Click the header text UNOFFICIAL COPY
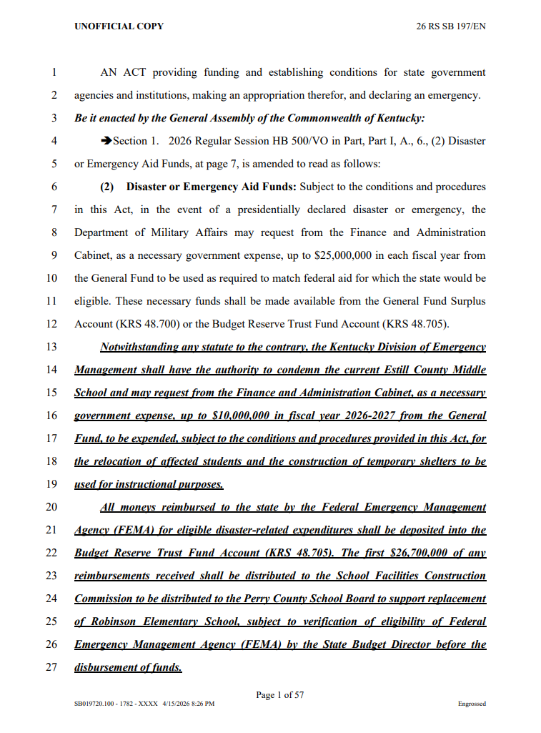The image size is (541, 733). tap(119, 26)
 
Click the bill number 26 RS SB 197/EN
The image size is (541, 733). tap(452, 26)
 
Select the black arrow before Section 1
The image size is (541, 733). tap(106, 141)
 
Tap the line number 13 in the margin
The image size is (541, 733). tap(51, 347)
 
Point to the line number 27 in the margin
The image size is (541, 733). tap(51, 667)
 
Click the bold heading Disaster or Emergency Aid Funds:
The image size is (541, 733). tap(211, 187)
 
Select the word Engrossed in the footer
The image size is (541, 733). tap(472, 704)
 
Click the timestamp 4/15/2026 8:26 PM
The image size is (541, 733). tap(188, 704)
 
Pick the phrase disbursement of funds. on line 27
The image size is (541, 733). tap(128, 667)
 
